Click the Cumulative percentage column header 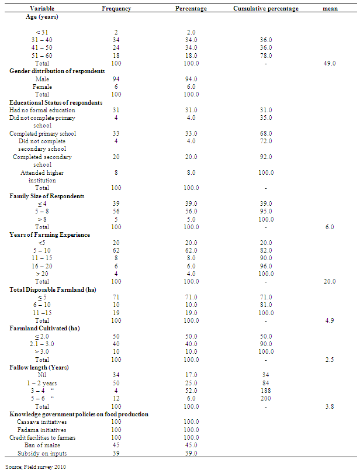click(266, 9)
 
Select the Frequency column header click(116, 9)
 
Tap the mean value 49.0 click(330, 63)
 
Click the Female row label click(42, 86)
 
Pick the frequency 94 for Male click(116, 78)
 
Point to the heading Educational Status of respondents click(56, 102)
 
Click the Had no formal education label click(42, 110)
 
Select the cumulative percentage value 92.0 click(265, 157)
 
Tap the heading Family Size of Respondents click(47, 195)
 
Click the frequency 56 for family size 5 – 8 click(116, 211)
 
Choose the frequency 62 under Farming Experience click(116, 250)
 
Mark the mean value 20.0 click(330, 281)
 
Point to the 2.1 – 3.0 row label click(42, 344)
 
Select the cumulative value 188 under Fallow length click(265, 391)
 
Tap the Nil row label click(42, 375)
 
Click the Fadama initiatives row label click(42, 430)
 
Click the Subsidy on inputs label click(42, 453)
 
